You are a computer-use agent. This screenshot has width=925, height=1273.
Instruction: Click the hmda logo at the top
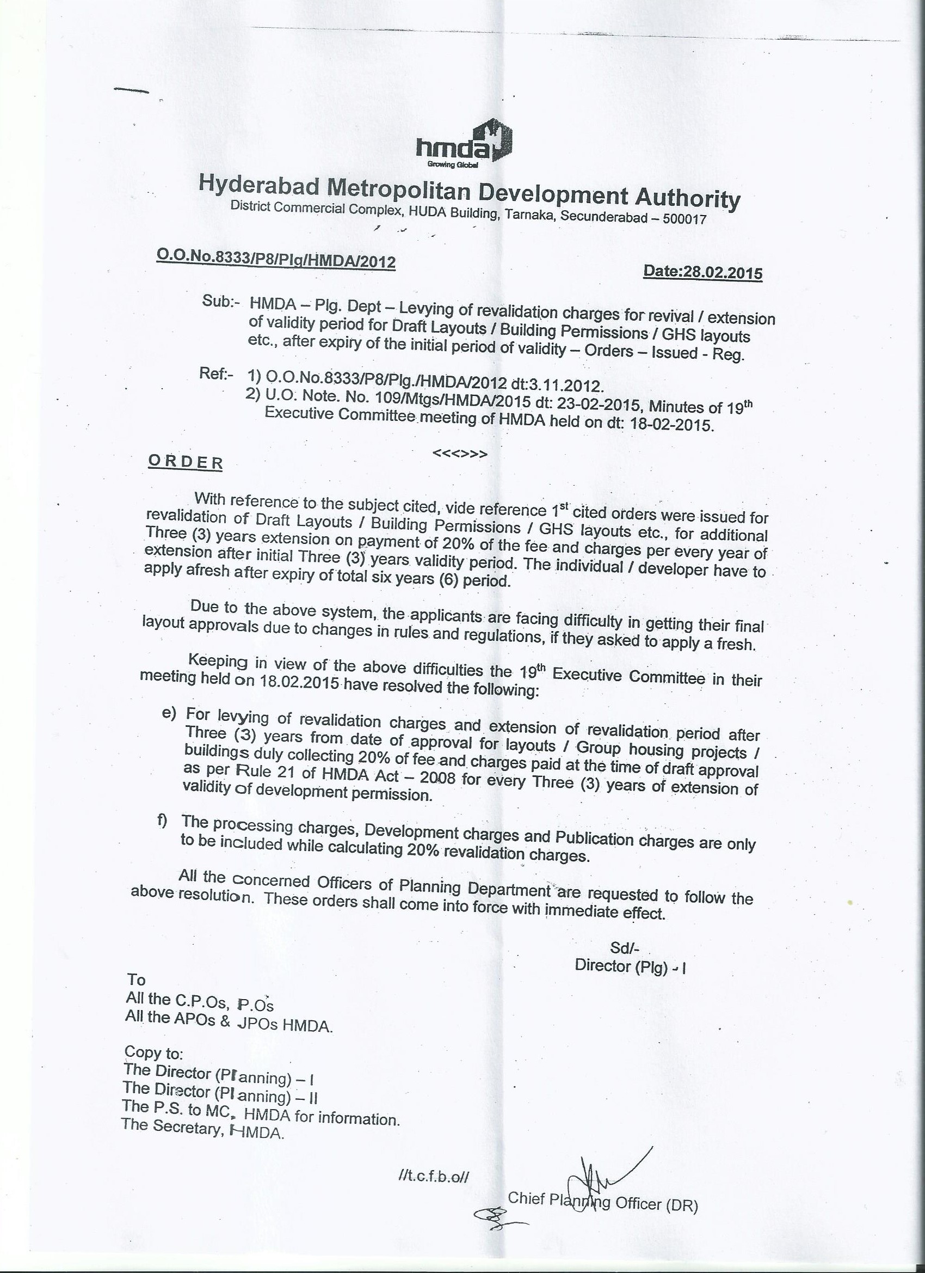(464, 144)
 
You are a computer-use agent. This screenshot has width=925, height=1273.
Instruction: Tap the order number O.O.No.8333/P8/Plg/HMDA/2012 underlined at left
(276, 259)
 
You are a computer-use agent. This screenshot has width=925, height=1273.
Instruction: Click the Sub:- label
(220, 302)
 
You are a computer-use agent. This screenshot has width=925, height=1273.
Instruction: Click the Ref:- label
(216, 374)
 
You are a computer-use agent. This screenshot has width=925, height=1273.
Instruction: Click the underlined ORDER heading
(186, 462)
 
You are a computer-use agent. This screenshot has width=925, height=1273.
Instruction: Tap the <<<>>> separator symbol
(460, 454)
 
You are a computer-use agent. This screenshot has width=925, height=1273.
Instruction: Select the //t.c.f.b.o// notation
(433, 1177)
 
